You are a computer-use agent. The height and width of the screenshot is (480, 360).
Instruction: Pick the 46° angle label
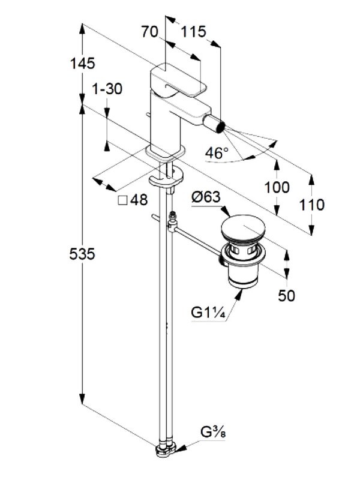click(217, 153)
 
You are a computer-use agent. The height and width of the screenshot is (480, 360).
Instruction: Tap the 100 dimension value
click(277, 187)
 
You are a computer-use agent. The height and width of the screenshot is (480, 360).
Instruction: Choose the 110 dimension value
click(312, 205)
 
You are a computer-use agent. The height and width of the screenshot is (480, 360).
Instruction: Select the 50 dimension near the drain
click(287, 295)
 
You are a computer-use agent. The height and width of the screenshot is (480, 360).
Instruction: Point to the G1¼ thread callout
click(209, 313)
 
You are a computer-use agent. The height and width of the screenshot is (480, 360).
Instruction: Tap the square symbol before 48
click(122, 201)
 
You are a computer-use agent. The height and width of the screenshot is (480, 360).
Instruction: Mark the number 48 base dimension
click(139, 201)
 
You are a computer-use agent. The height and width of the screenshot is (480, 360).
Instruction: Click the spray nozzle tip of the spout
click(219, 127)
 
